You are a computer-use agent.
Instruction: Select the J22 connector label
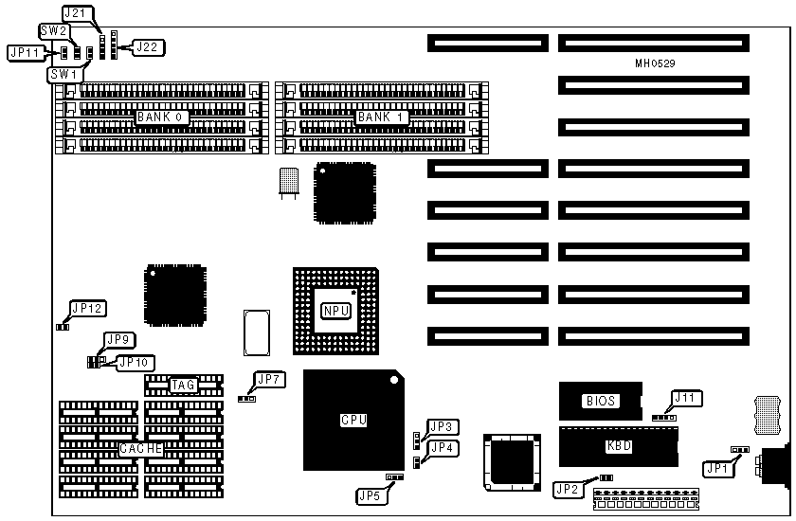(147, 45)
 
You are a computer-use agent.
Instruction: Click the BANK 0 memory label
(163, 117)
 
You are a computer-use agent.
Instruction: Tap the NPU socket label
(335, 311)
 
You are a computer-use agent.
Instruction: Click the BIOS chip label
(599, 401)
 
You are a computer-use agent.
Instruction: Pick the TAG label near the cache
(183, 385)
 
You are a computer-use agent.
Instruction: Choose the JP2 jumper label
(566, 489)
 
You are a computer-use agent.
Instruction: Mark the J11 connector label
(687, 398)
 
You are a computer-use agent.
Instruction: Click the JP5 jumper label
(371, 494)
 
